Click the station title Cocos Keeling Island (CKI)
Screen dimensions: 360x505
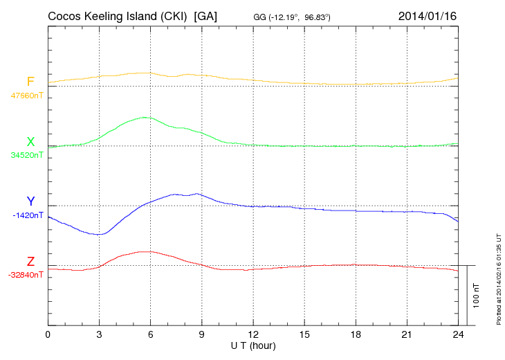click(x=118, y=16)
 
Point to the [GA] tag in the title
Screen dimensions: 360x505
click(x=206, y=16)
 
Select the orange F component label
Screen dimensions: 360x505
click(x=30, y=82)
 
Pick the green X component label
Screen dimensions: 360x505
click(x=30, y=142)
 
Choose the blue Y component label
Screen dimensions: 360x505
click(x=30, y=201)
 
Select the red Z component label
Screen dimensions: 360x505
click(x=30, y=262)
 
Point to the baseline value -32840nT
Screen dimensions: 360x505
click(x=26, y=275)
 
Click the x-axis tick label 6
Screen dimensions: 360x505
click(x=151, y=335)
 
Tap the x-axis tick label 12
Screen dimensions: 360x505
click(x=253, y=335)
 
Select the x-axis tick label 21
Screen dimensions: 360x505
click(x=407, y=335)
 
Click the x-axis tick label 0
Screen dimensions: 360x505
click(x=48, y=335)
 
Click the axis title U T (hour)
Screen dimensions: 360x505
click(x=253, y=345)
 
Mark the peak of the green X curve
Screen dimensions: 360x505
click(x=145, y=117)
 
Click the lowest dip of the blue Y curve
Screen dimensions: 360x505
click(x=100, y=234)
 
